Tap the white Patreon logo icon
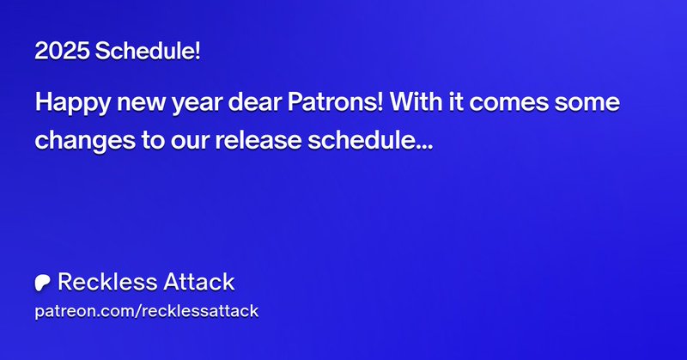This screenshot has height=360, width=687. pyautogui.click(x=42, y=283)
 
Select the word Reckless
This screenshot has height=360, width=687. pyautogui.click(x=100, y=282)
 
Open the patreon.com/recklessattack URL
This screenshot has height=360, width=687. pyautogui.click(x=147, y=311)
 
